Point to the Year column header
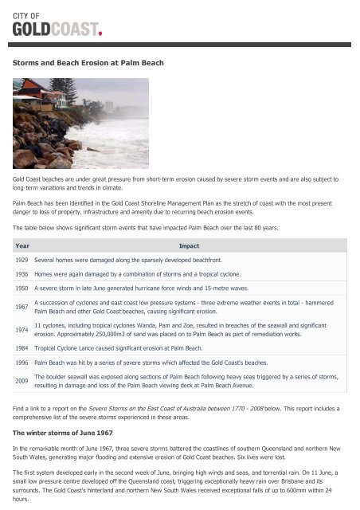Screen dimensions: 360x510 click(22, 246)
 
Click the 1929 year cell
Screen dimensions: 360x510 click(23, 260)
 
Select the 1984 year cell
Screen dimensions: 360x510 click(23, 348)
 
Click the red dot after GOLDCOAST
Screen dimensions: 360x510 click(100, 33)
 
